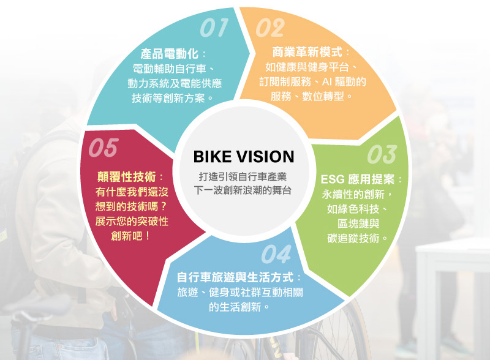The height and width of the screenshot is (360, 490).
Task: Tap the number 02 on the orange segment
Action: click(x=269, y=28)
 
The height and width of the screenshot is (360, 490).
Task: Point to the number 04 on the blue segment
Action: click(x=276, y=253)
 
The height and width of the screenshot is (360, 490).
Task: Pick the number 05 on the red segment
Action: click(x=102, y=148)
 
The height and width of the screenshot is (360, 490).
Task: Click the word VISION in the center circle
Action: click(x=264, y=157)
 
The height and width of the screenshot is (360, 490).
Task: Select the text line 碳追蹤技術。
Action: click(x=357, y=237)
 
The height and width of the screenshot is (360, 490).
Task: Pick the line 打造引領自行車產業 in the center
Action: click(x=243, y=178)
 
